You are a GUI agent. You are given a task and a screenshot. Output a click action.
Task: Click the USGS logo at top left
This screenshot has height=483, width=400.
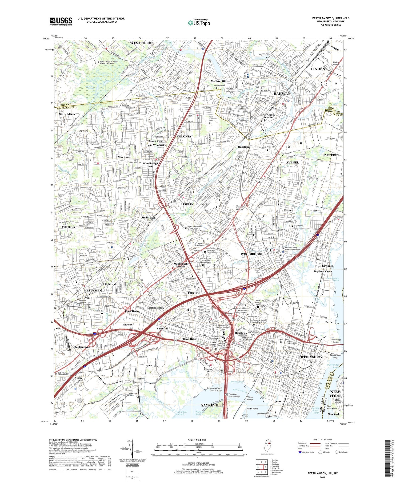[x=61, y=21]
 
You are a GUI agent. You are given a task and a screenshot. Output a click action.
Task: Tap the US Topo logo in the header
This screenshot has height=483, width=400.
[x=199, y=23]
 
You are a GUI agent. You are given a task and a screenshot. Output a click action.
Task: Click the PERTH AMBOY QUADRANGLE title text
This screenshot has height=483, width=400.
[x=331, y=18]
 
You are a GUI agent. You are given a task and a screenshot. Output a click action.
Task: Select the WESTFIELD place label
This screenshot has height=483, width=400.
[x=141, y=43]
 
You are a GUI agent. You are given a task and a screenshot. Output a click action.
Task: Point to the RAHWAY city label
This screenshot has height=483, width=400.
[x=282, y=94]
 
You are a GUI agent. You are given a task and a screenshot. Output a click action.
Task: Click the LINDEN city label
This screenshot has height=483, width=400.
[x=318, y=69]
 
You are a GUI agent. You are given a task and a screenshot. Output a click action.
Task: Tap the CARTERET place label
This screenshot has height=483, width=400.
[x=331, y=155]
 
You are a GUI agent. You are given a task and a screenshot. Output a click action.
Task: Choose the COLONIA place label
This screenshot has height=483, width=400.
[x=184, y=136]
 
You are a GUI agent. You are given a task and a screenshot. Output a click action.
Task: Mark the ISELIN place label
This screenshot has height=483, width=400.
[x=188, y=204]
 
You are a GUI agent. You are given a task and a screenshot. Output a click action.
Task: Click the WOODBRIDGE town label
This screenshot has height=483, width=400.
[x=252, y=254]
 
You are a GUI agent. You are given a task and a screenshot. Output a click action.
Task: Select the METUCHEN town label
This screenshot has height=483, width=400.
[x=93, y=290]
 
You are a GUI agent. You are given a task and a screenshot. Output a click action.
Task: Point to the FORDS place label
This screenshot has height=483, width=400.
[x=193, y=293]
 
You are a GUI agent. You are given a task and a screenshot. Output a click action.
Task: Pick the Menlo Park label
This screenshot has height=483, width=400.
[x=149, y=218]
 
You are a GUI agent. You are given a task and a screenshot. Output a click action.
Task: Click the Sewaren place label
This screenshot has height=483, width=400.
[x=327, y=266]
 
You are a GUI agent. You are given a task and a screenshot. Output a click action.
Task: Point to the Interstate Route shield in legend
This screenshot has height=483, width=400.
[x=300, y=452]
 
